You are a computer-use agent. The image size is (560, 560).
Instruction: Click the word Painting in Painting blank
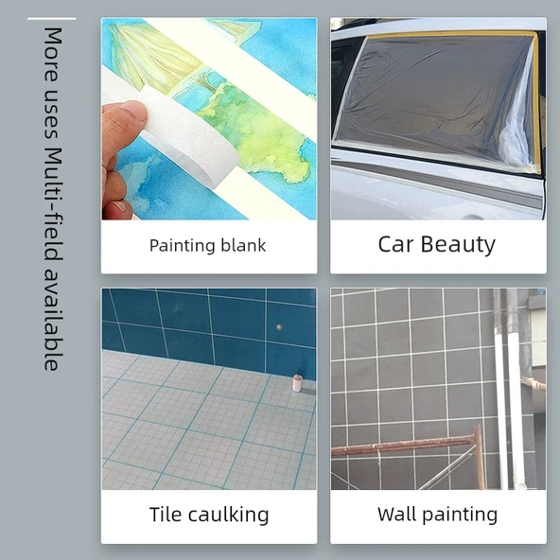181,246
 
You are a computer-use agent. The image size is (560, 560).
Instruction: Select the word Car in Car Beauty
394,244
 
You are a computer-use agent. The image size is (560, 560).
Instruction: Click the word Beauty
458,245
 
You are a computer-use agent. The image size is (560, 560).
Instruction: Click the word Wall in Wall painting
396,515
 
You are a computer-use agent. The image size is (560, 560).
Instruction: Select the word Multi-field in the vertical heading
53,205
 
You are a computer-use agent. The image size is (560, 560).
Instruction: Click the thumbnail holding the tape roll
209,119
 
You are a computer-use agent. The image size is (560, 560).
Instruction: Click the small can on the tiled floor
297,383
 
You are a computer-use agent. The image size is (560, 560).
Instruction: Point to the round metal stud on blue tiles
279,326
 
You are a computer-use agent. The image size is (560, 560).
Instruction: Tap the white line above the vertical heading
52,19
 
